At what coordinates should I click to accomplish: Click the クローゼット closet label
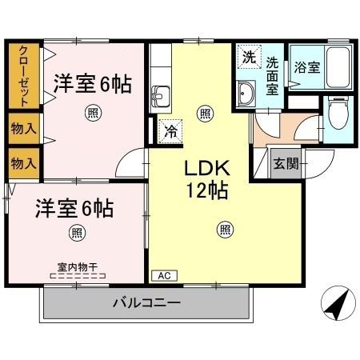[x=23, y=76]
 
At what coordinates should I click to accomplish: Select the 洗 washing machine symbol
[x=248, y=58]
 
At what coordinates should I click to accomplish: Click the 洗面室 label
[x=273, y=76]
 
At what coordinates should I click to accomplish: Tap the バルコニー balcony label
[x=146, y=303]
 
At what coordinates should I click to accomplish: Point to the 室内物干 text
[x=77, y=266]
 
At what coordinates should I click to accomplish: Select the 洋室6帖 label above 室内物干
[x=74, y=210]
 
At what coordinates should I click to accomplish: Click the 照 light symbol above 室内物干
[x=77, y=234]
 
